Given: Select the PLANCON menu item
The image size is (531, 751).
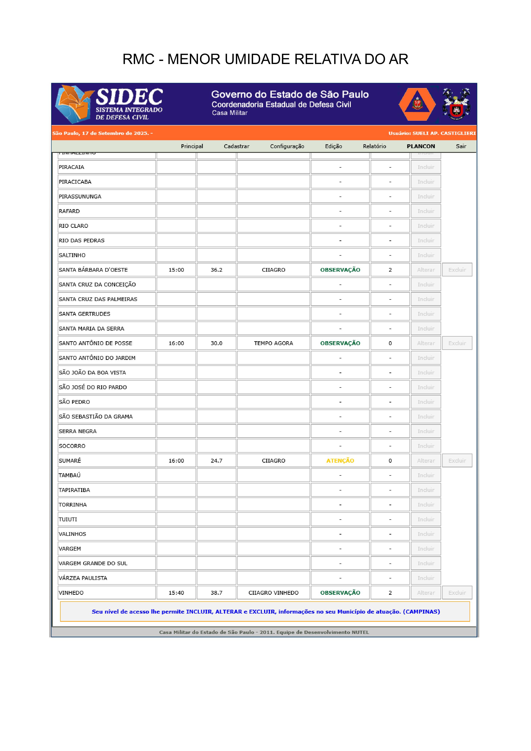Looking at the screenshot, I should tap(421, 146).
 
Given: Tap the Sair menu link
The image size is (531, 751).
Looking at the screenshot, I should tap(461, 146).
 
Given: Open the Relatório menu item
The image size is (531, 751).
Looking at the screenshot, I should tap(374, 146).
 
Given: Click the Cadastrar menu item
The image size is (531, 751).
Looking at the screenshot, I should tap(236, 146).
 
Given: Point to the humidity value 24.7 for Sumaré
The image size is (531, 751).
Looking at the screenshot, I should tap(216, 460).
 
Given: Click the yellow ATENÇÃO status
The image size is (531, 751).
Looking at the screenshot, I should tap(340, 460).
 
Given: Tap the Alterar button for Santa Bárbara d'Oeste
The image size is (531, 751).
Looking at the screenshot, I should tap(426, 270).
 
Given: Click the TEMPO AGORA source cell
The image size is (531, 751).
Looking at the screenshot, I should tap(273, 343).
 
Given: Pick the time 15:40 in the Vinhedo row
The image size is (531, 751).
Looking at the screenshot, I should tap(176, 593).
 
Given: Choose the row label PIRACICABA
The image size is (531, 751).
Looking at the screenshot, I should tap(75, 182).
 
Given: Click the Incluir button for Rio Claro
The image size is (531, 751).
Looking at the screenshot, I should tap(426, 226).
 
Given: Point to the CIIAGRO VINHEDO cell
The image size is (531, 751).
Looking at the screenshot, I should tap(273, 593).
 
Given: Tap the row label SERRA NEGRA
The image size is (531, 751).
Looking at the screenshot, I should tap(78, 431).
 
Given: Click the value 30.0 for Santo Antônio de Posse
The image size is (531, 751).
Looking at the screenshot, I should tap(216, 343).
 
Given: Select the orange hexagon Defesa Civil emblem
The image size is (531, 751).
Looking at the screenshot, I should tap(417, 104).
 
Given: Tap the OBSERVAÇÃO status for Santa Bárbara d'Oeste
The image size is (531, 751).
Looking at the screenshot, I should tap(340, 270).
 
